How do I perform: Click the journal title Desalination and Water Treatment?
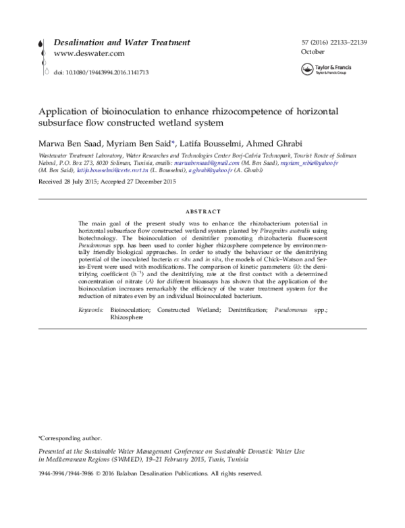point(122,43)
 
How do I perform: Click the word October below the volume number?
point(312,52)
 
